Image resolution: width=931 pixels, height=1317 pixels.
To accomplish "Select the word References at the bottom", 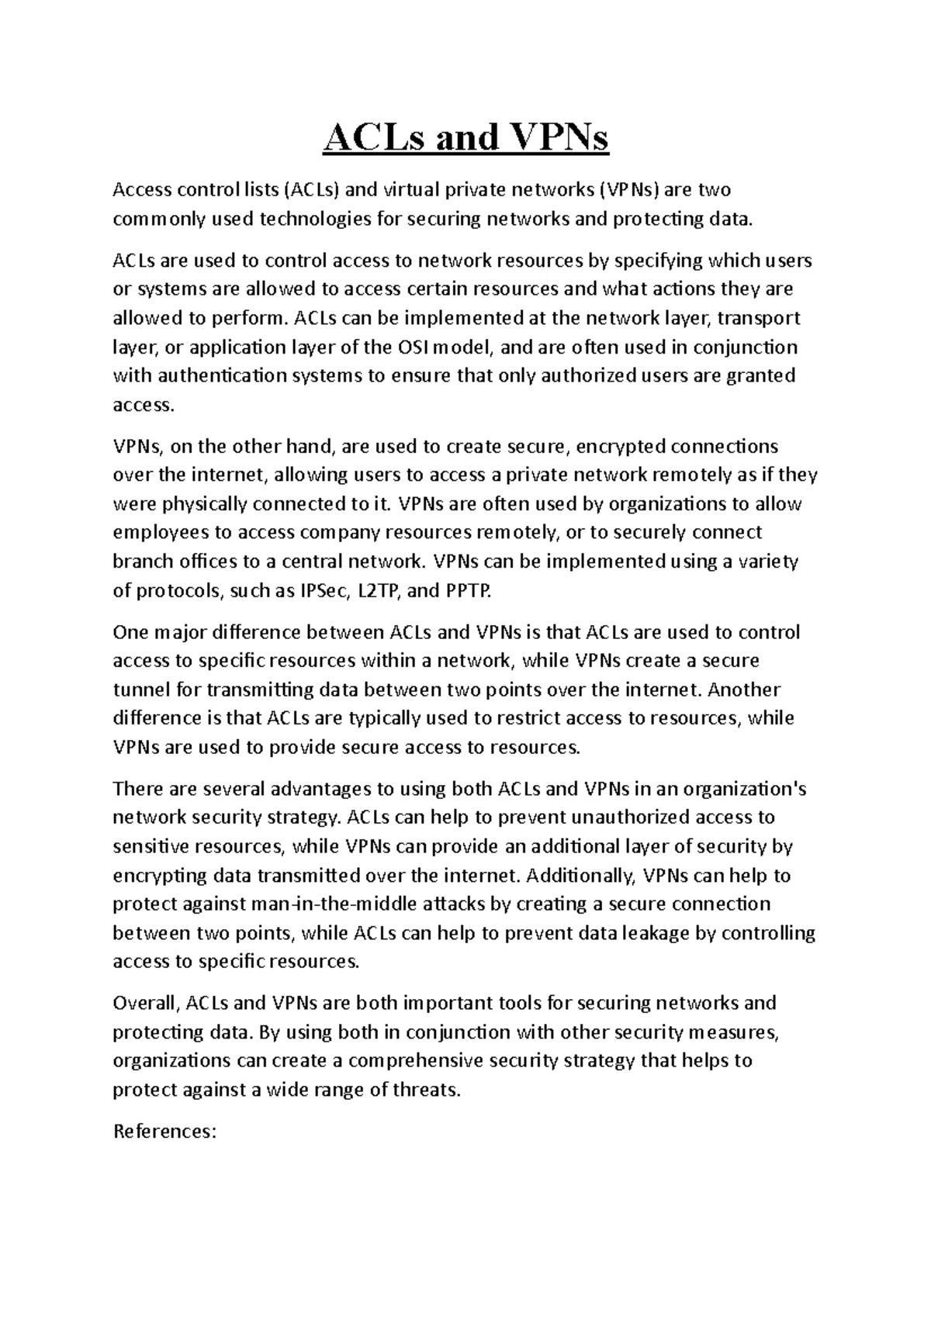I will point(161,1131).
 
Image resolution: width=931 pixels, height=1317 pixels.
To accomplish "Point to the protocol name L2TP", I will point(378,591).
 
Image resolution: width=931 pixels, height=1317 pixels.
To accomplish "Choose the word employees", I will point(161,533).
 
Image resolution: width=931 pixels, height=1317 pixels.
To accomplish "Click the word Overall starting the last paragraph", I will point(145,1003).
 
